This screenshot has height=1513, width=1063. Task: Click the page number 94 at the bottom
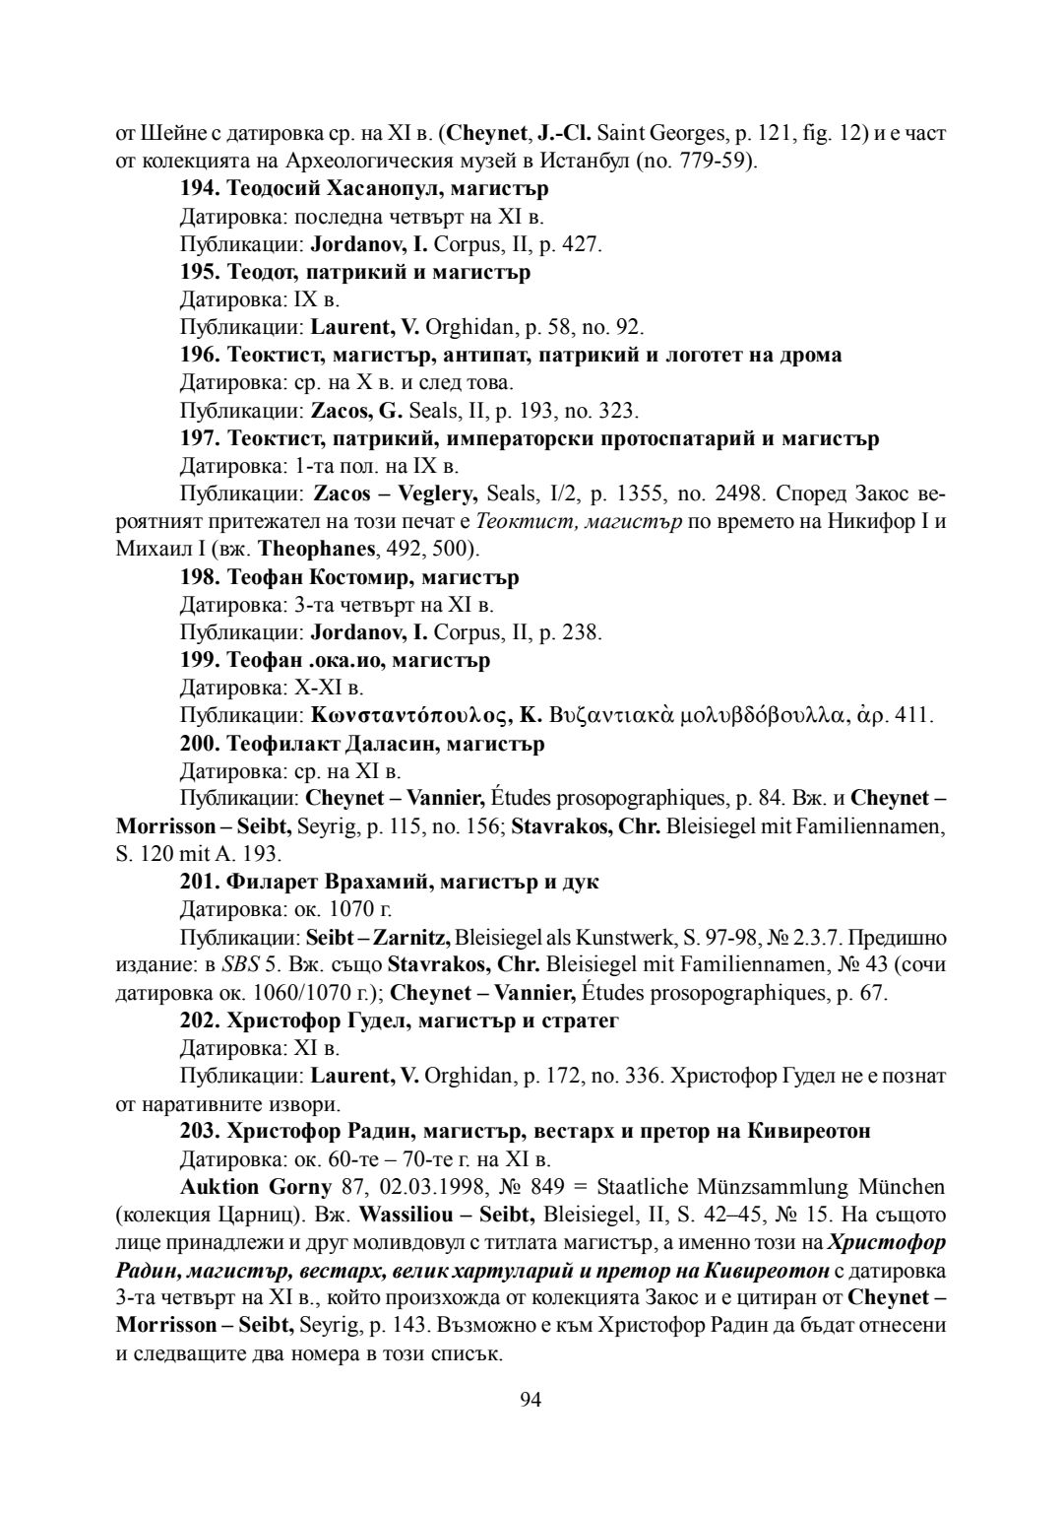pyautogui.click(x=531, y=1400)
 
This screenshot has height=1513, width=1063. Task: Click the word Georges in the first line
pyautogui.click(x=690, y=132)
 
